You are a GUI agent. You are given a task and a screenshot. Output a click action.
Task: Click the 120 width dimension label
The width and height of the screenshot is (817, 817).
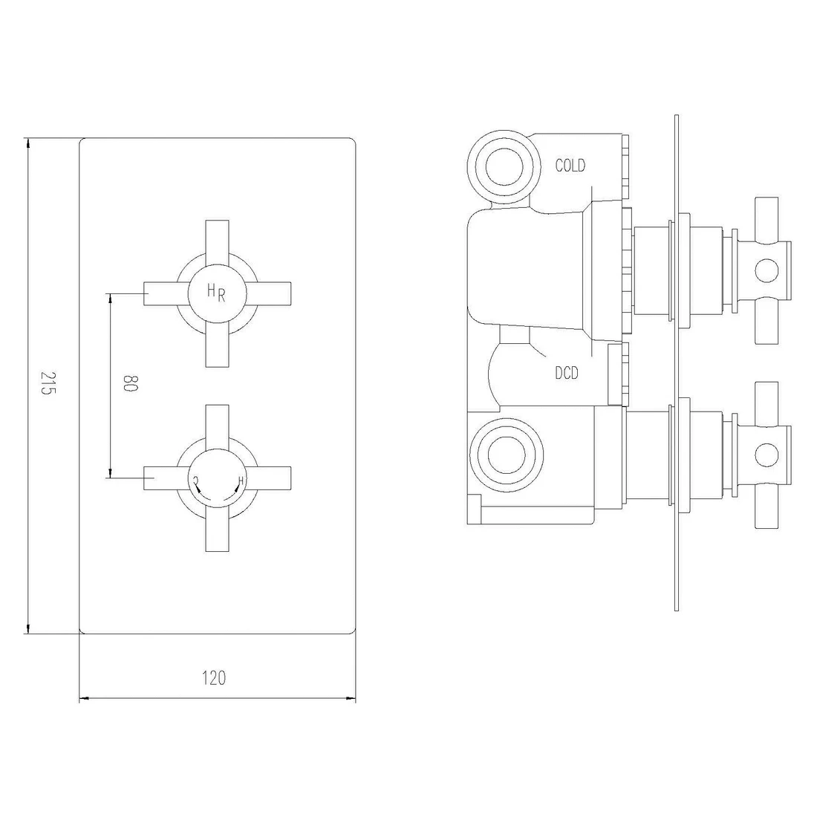(x=214, y=677)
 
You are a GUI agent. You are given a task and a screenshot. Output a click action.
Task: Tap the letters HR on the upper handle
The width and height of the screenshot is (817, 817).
(x=216, y=293)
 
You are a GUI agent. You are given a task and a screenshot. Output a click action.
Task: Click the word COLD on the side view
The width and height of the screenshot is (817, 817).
(x=570, y=166)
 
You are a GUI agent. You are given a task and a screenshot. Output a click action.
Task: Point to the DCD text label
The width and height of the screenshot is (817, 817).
(x=566, y=374)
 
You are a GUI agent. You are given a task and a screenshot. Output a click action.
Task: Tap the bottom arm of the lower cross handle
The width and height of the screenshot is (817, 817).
(x=216, y=531)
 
